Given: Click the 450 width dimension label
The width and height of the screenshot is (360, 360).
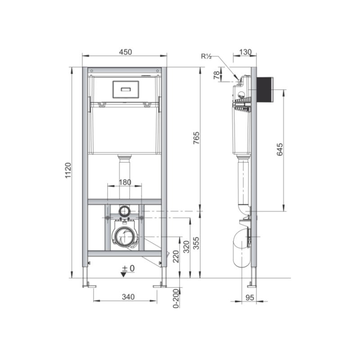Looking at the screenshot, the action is pos(126,52).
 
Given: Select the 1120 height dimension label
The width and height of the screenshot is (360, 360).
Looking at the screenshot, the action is pos(68,171).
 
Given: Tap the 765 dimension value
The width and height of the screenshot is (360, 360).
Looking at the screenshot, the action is pos(196,138).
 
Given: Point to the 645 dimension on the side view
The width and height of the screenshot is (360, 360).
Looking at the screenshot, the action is pos(279,149).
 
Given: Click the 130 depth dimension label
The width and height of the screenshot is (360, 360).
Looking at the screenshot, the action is pos(245,52).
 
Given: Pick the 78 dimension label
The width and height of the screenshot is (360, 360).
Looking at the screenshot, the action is pos(216,75).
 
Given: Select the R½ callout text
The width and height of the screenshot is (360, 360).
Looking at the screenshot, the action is pos(207,56).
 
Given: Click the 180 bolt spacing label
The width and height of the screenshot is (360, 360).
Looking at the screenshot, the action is pos(125,182).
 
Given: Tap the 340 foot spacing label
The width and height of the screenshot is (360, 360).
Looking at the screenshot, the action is pos(128,297).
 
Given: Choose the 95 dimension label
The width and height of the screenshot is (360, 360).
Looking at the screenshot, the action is pos(250,297).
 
